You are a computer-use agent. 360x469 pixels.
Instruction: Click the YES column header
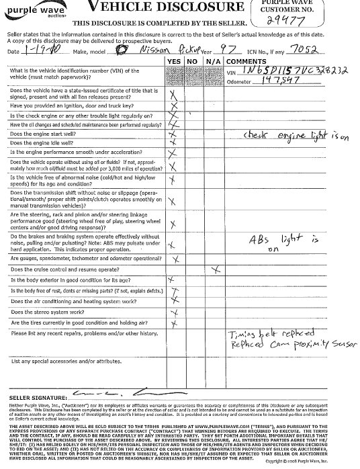(175, 60)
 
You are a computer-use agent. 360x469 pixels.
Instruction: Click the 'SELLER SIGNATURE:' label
(34, 398)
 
